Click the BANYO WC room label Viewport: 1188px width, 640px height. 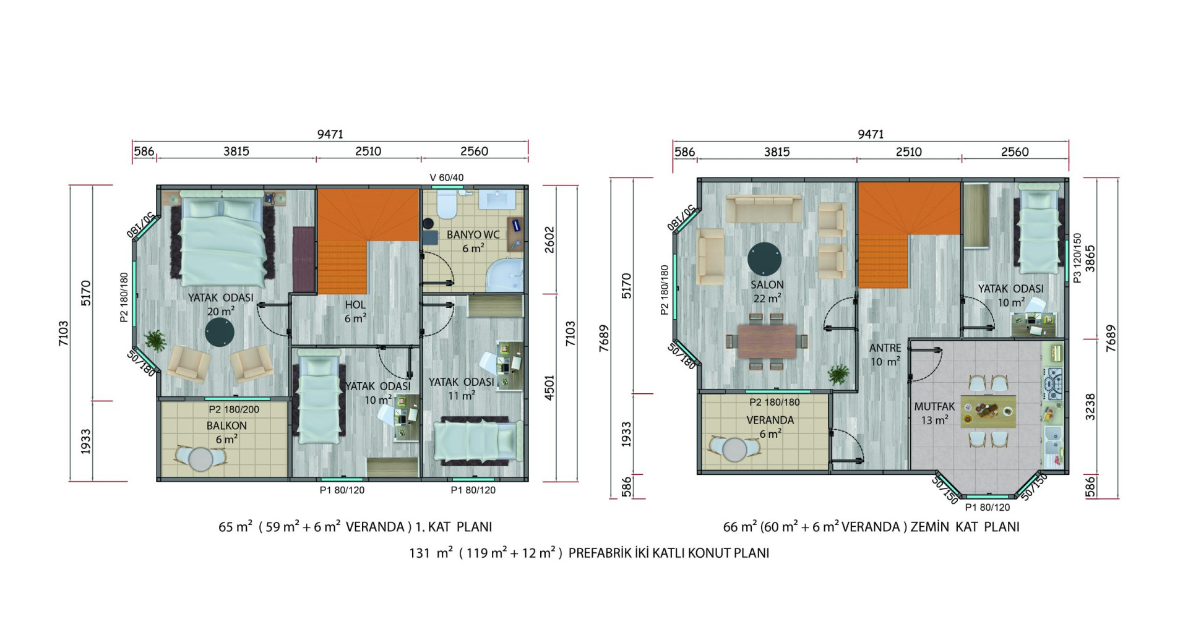click(x=473, y=235)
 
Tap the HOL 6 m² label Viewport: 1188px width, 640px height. click(x=355, y=312)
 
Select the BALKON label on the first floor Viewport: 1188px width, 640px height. click(x=226, y=426)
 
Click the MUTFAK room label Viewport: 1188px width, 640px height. click(x=934, y=407)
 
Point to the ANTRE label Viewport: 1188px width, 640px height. click(x=885, y=348)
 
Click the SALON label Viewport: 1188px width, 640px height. click(x=767, y=285)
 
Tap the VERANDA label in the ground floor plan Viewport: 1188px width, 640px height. click(x=770, y=420)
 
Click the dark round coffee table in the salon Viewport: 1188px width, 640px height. click(x=764, y=258)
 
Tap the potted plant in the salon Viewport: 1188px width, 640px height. click(x=839, y=375)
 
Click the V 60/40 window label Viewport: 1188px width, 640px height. click(x=447, y=177)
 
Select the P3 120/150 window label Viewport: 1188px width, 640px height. click(x=1077, y=258)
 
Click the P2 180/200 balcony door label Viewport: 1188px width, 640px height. click(x=234, y=409)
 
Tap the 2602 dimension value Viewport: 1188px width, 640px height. click(x=549, y=240)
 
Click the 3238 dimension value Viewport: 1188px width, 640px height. click(x=1090, y=407)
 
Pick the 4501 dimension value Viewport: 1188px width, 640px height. click(x=549, y=388)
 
